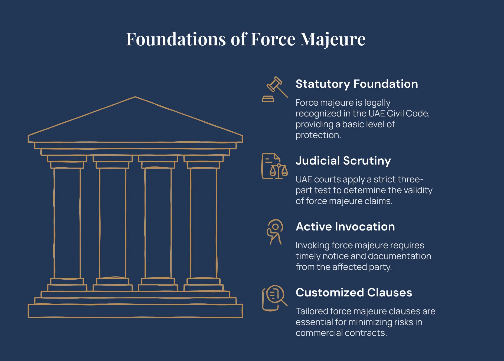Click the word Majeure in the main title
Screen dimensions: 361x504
click(333, 40)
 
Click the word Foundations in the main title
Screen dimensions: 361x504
click(176, 39)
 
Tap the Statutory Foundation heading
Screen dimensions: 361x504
click(357, 84)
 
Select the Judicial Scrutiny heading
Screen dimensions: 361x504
click(343, 161)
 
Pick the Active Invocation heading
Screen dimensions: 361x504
click(345, 227)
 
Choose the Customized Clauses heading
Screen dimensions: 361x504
click(354, 293)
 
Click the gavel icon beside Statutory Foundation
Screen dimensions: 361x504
click(275, 89)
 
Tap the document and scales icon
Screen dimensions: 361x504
click(274, 166)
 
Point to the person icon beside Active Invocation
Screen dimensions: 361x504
click(275, 232)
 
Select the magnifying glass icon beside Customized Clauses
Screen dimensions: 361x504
click(274, 298)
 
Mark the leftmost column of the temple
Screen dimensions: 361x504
click(67, 223)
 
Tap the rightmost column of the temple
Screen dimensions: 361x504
click(204, 223)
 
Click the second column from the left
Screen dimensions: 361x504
click(113, 223)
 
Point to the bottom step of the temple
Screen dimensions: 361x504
click(135, 311)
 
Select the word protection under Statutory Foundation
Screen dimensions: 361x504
click(318, 135)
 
